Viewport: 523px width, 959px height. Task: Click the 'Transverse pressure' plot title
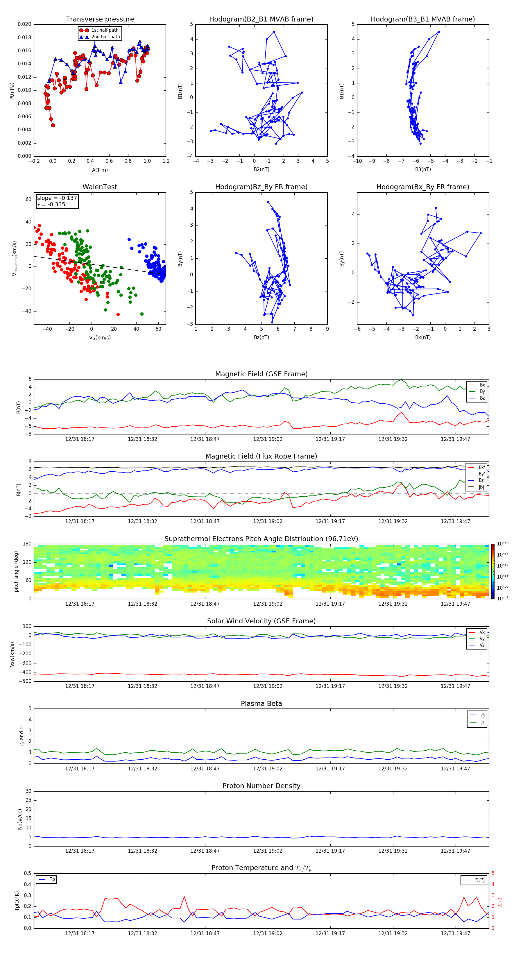click(100, 19)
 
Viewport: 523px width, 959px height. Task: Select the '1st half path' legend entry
click(105, 30)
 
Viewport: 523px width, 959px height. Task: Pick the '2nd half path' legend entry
click(105, 37)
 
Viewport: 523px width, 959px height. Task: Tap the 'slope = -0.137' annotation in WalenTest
click(57, 198)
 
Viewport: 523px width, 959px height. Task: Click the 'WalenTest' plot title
click(100, 187)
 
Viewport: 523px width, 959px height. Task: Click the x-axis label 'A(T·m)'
click(100, 170)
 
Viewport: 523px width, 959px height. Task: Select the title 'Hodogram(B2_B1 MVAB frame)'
click(261, 19)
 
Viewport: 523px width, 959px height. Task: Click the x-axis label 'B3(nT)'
click(423, 169)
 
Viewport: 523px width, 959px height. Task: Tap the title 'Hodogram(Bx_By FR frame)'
click(422, 187)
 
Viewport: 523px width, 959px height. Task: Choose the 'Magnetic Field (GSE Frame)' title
click(261, 374)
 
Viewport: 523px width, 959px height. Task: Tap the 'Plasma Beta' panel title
click(261, 704)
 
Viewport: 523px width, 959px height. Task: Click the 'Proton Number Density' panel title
click(261, 786)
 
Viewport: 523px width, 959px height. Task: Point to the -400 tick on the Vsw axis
click(26, 672)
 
